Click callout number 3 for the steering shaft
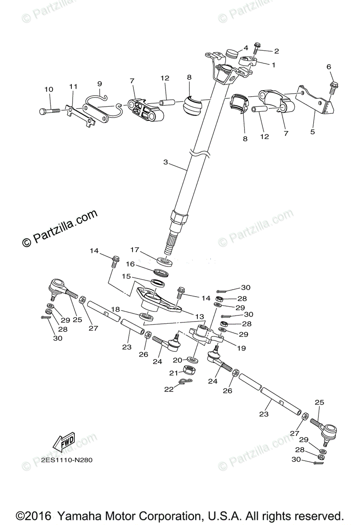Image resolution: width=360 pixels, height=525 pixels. tap(165, 162)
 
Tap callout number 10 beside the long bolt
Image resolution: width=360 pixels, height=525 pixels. tap(49, 90)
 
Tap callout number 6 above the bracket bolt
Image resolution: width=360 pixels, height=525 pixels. tap(329, 67)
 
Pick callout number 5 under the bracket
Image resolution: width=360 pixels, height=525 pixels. tap(312, 131)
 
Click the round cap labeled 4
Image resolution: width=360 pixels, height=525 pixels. tap(232, 54)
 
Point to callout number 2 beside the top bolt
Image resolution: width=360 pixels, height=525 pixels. tap(276, 51)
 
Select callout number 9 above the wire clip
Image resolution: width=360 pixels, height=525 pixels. tap(99, 83)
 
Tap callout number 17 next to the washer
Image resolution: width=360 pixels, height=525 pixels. tap(135, 250)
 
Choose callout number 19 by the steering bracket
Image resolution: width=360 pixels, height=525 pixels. tap(241, 348)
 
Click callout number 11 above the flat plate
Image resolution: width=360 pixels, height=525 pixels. tap(73, 87)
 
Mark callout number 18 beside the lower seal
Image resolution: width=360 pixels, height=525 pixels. tap(115, 309)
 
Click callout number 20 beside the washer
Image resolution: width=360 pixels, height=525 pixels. tap(177, 360)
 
